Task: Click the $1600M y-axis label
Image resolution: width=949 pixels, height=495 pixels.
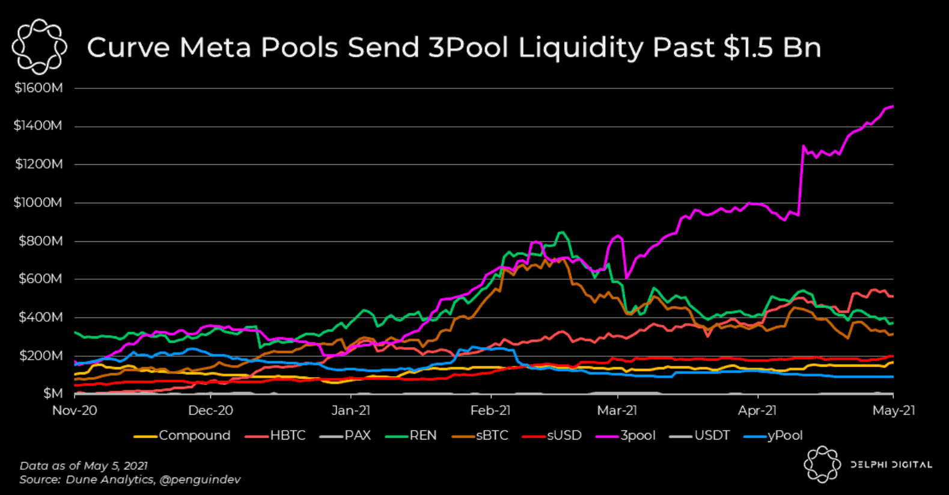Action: click(x=38, y=88)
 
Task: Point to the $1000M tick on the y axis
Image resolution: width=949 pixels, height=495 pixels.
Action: click(x=38, y=203)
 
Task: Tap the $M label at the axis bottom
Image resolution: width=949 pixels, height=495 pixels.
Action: click(x=53, y=393)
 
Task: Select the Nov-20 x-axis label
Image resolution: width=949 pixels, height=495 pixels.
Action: click(x=75, y=410)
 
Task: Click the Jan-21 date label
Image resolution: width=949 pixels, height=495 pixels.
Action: click(x=351, y=410)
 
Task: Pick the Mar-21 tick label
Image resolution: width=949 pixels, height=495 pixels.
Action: click(x=617, y=410)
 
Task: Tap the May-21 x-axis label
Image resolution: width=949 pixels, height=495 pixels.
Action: click(x=894, y=410)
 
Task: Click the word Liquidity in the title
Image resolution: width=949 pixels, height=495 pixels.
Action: click(x=581, y=48)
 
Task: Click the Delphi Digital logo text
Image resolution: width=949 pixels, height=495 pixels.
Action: click(x=891, y=464)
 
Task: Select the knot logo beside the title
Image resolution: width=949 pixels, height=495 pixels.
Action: click(x=40, y=46)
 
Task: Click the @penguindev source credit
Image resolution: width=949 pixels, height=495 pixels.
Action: click(x=200, y=479)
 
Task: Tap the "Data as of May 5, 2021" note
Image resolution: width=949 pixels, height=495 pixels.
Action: click(x=84, y=466)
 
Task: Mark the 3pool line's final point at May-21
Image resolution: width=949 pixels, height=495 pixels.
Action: click(x=893, y=106)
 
